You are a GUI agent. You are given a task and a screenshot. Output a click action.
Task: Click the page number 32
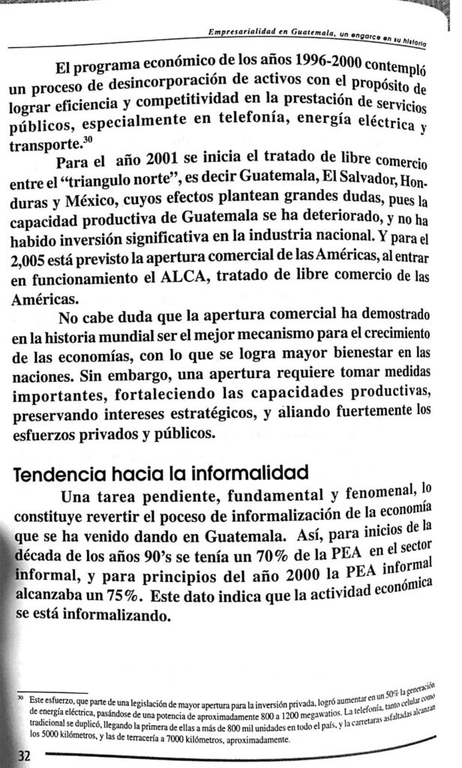(x=15, y=756)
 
